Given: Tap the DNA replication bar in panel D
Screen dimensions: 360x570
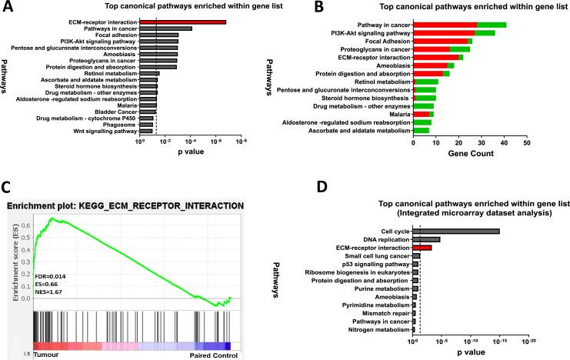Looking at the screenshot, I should [x=427, y=239].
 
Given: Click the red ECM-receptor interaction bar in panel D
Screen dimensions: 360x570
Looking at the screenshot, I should [x=423, y=248].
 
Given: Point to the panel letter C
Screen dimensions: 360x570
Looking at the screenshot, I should [x=6, y=188].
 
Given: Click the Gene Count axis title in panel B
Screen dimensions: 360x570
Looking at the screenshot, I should [x=470, y=155].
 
